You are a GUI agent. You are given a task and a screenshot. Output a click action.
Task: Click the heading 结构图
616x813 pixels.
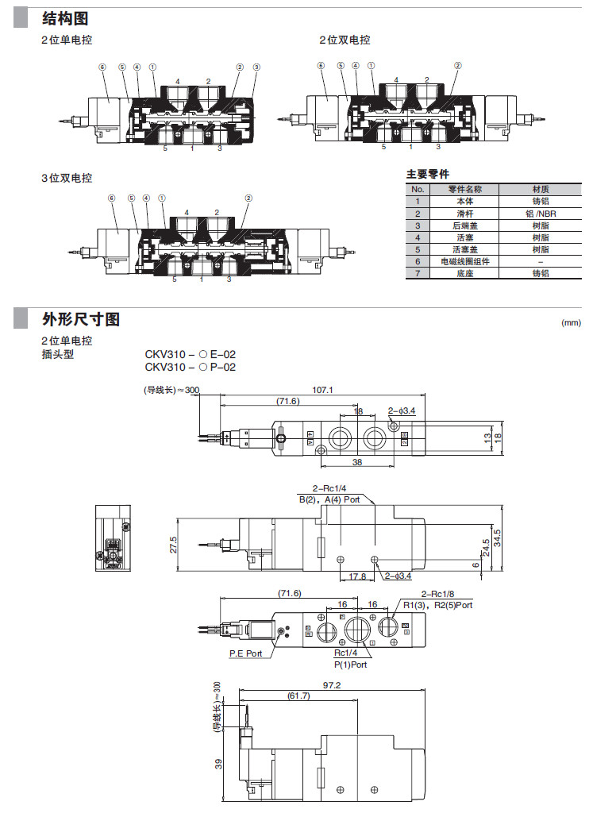(x=65, y=17)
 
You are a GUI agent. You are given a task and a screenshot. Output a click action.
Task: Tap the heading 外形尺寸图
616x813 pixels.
(x=81, y=319)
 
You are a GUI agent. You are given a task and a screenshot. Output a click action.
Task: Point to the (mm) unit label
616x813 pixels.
(x=572, y=323)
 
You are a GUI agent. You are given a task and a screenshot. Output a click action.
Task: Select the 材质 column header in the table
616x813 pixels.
(x=540, y=190)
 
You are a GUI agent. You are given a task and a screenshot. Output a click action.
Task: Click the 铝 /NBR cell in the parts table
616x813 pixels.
(x=540, y=214)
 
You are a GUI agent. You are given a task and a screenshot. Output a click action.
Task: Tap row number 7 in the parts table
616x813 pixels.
(x=418, y=273)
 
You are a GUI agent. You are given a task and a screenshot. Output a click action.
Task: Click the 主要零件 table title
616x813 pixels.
(x=428, y=174)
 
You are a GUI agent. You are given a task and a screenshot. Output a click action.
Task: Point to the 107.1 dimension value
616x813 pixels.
(x=322, y=390)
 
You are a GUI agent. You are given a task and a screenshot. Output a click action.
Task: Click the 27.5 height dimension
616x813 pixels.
(x=174, y=544)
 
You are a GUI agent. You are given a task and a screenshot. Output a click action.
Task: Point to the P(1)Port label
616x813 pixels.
(x=350, y=664)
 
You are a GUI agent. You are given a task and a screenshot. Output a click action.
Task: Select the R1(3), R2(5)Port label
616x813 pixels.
(x=437, y=605)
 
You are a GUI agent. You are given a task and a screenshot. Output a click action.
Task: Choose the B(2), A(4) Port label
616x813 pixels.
(x=329, y=499)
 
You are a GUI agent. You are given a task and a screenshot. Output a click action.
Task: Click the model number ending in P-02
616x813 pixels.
(x=191, y=367)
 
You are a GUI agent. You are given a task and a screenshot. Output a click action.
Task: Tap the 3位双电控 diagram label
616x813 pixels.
(x=67, y=178)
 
